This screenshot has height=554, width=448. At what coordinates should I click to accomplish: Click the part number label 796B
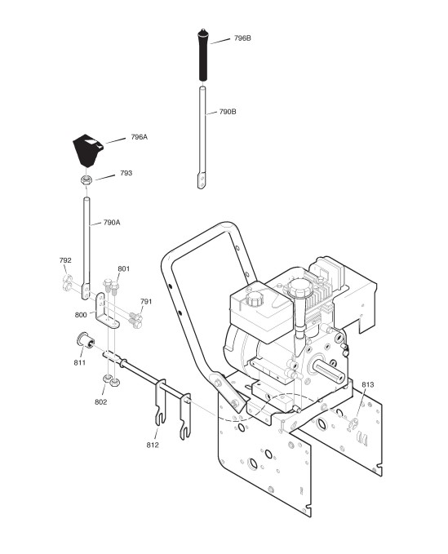tap(242, 38)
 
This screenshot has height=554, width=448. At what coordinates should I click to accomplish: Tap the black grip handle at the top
tap(203, 55)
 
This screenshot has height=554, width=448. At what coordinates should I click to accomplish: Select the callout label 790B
tap(228, 112)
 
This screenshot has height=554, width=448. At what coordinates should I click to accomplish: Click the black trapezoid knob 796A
tap(88, 150)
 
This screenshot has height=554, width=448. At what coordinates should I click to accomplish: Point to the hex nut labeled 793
tap(86, 180)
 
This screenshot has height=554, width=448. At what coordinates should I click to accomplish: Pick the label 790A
tap(112, 223)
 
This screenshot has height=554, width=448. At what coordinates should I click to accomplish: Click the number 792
tap(65, 260)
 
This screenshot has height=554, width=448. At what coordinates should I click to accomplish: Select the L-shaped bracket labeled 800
tap(106, 312)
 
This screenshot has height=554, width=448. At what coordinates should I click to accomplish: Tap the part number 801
tap(124, 269)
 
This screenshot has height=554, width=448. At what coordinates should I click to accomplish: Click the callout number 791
tap(146, 301)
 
